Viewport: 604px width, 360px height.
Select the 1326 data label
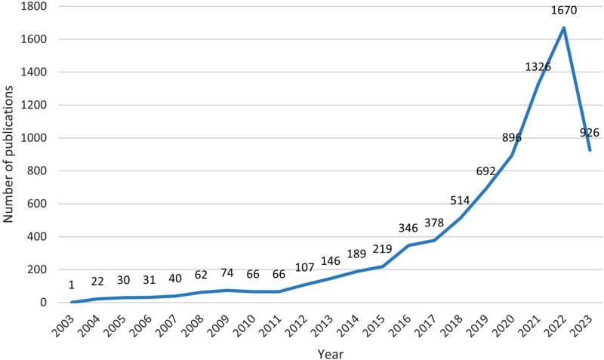538,67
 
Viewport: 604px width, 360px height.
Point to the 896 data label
512,137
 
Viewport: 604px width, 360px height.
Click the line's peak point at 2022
563,28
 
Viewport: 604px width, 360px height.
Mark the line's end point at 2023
589,150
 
